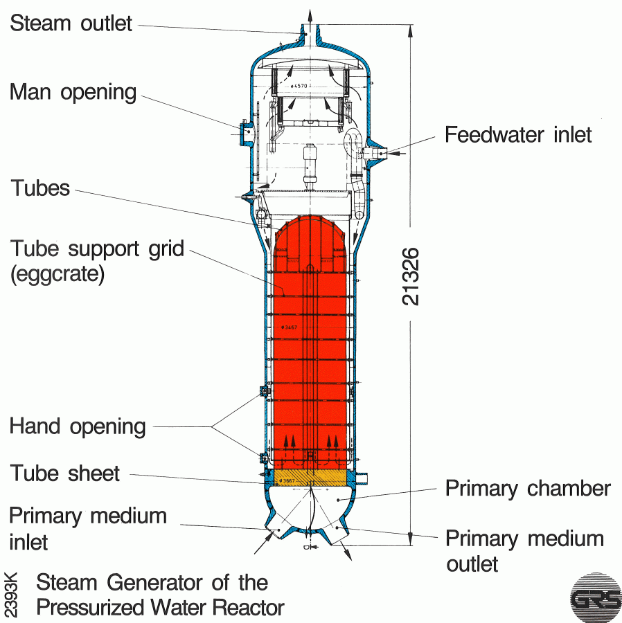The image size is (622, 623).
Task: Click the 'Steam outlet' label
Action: [x=71, y=23]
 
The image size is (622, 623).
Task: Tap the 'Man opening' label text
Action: [x=73, y=92]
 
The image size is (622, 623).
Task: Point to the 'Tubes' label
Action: [x=40, y=188]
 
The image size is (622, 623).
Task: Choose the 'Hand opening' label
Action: [x=78, y=426]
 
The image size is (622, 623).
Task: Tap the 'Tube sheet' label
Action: [x=65, y=473]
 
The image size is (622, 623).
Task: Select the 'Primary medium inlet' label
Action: [x=88, y=527]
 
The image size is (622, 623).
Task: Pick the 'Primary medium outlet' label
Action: [x=524, y=550]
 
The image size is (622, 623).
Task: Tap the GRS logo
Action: [x=595, y=597]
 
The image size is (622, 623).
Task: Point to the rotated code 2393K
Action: [x=12, y=594]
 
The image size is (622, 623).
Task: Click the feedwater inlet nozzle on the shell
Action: [x=379, y=150]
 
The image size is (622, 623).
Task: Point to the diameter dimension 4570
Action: [x=300, y=86]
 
